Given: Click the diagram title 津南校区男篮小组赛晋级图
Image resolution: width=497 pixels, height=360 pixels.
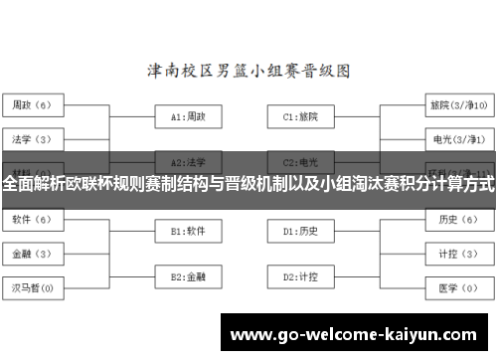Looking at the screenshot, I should coord(248,71).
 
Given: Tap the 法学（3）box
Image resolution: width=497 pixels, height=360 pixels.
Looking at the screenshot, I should coord(33,138).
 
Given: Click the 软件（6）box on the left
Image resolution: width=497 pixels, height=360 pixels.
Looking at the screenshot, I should coord(33,219).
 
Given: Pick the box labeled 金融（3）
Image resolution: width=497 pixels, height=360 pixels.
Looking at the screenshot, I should coord(33,254).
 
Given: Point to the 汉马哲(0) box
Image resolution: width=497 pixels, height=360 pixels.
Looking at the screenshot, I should coord(33,288).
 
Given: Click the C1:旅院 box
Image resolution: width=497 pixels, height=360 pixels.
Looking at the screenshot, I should coord(300,116).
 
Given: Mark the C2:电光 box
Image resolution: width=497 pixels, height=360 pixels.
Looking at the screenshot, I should coord(300,161).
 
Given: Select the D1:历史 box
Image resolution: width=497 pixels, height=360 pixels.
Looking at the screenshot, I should coord(300,231).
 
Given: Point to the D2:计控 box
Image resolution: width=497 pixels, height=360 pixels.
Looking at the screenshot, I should coord(300,275).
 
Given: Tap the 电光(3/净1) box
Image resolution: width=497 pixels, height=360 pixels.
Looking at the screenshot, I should coord(457,138).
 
